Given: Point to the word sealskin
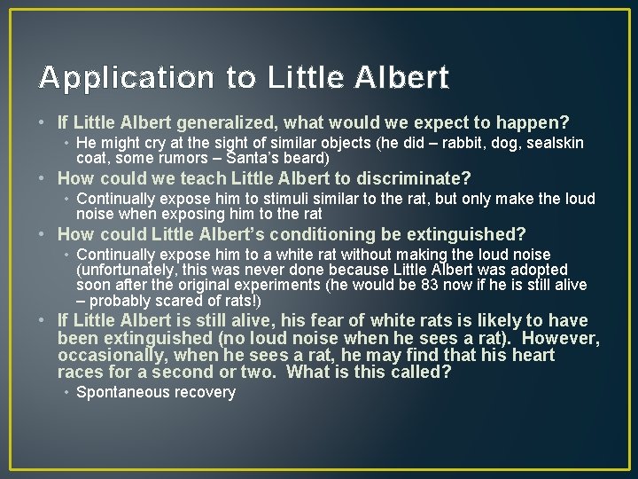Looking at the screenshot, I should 553,143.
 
